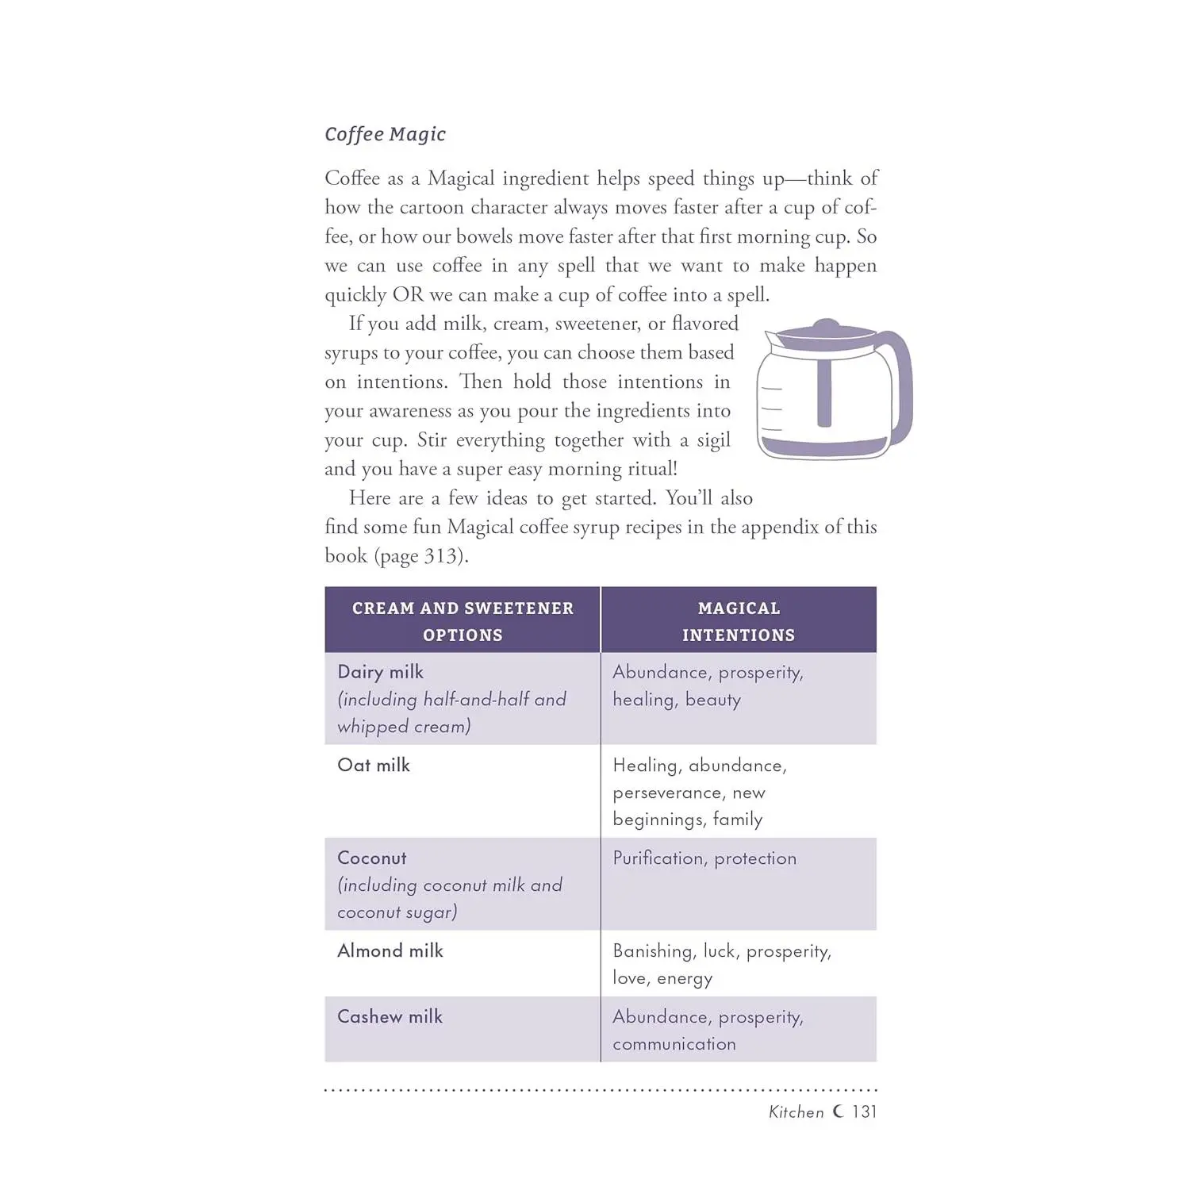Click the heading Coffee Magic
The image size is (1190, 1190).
(x=385, y=134)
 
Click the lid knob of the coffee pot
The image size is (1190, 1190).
(x=826, y=324)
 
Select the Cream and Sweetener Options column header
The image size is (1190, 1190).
(x=463, y=620)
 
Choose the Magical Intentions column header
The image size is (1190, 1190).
(x=739, y=620)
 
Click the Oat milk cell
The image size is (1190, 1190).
(x=374, y=766)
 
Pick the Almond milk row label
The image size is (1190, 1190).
(x=390, y=951)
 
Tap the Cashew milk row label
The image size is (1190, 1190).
(x=390, y=1017)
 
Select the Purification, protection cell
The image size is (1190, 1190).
(x=704, y=858)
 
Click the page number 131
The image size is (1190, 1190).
(x=864, y=1112)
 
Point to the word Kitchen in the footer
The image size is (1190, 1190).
(x=797, y=1112)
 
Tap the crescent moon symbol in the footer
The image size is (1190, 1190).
(x=838, y=1111)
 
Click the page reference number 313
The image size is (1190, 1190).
(x=440, y=556)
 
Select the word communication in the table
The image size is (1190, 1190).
(x=674, y=1044)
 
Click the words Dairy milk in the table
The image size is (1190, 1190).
(x=380, y=673)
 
